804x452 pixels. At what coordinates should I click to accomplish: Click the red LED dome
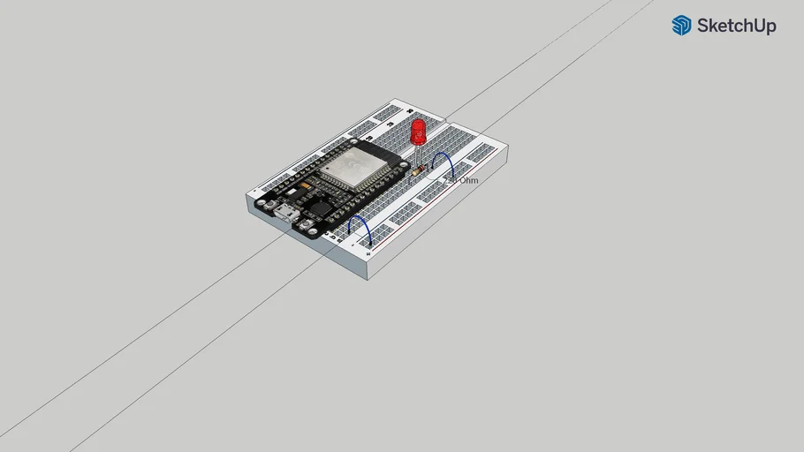pos(418,132)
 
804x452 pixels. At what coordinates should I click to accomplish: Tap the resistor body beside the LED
pos(420,168)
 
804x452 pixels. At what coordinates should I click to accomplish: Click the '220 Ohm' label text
pos(460,180)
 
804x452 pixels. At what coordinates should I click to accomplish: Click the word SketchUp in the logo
pos(736,26)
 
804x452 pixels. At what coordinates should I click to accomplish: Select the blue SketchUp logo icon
pos(681,26)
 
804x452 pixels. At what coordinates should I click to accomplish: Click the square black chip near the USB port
pos(317,209)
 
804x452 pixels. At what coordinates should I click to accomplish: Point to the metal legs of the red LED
pos(417,154)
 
